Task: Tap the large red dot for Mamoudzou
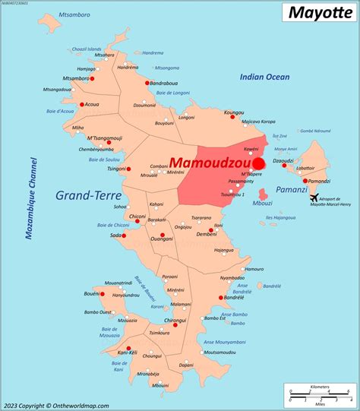tap(259, 163)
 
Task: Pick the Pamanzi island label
tap(292, 188)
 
